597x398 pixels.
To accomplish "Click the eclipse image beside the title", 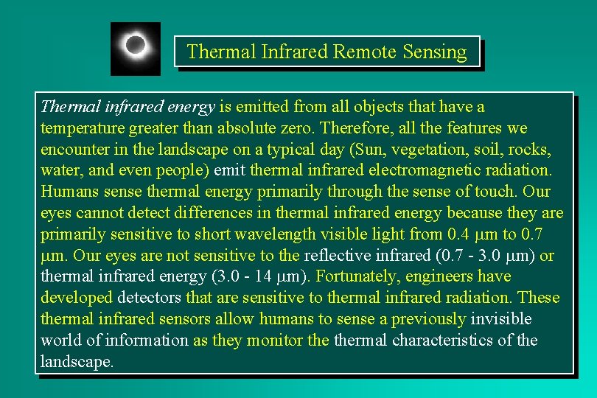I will [135, 48].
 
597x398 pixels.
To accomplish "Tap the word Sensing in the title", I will [435, 52].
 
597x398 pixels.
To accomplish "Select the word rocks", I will [528, 150].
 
